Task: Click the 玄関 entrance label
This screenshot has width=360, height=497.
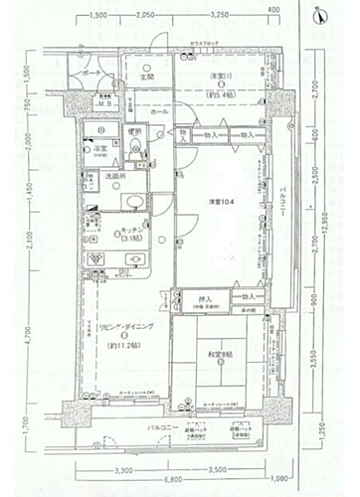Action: (145, 78)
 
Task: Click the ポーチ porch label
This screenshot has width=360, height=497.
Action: (91, 75)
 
